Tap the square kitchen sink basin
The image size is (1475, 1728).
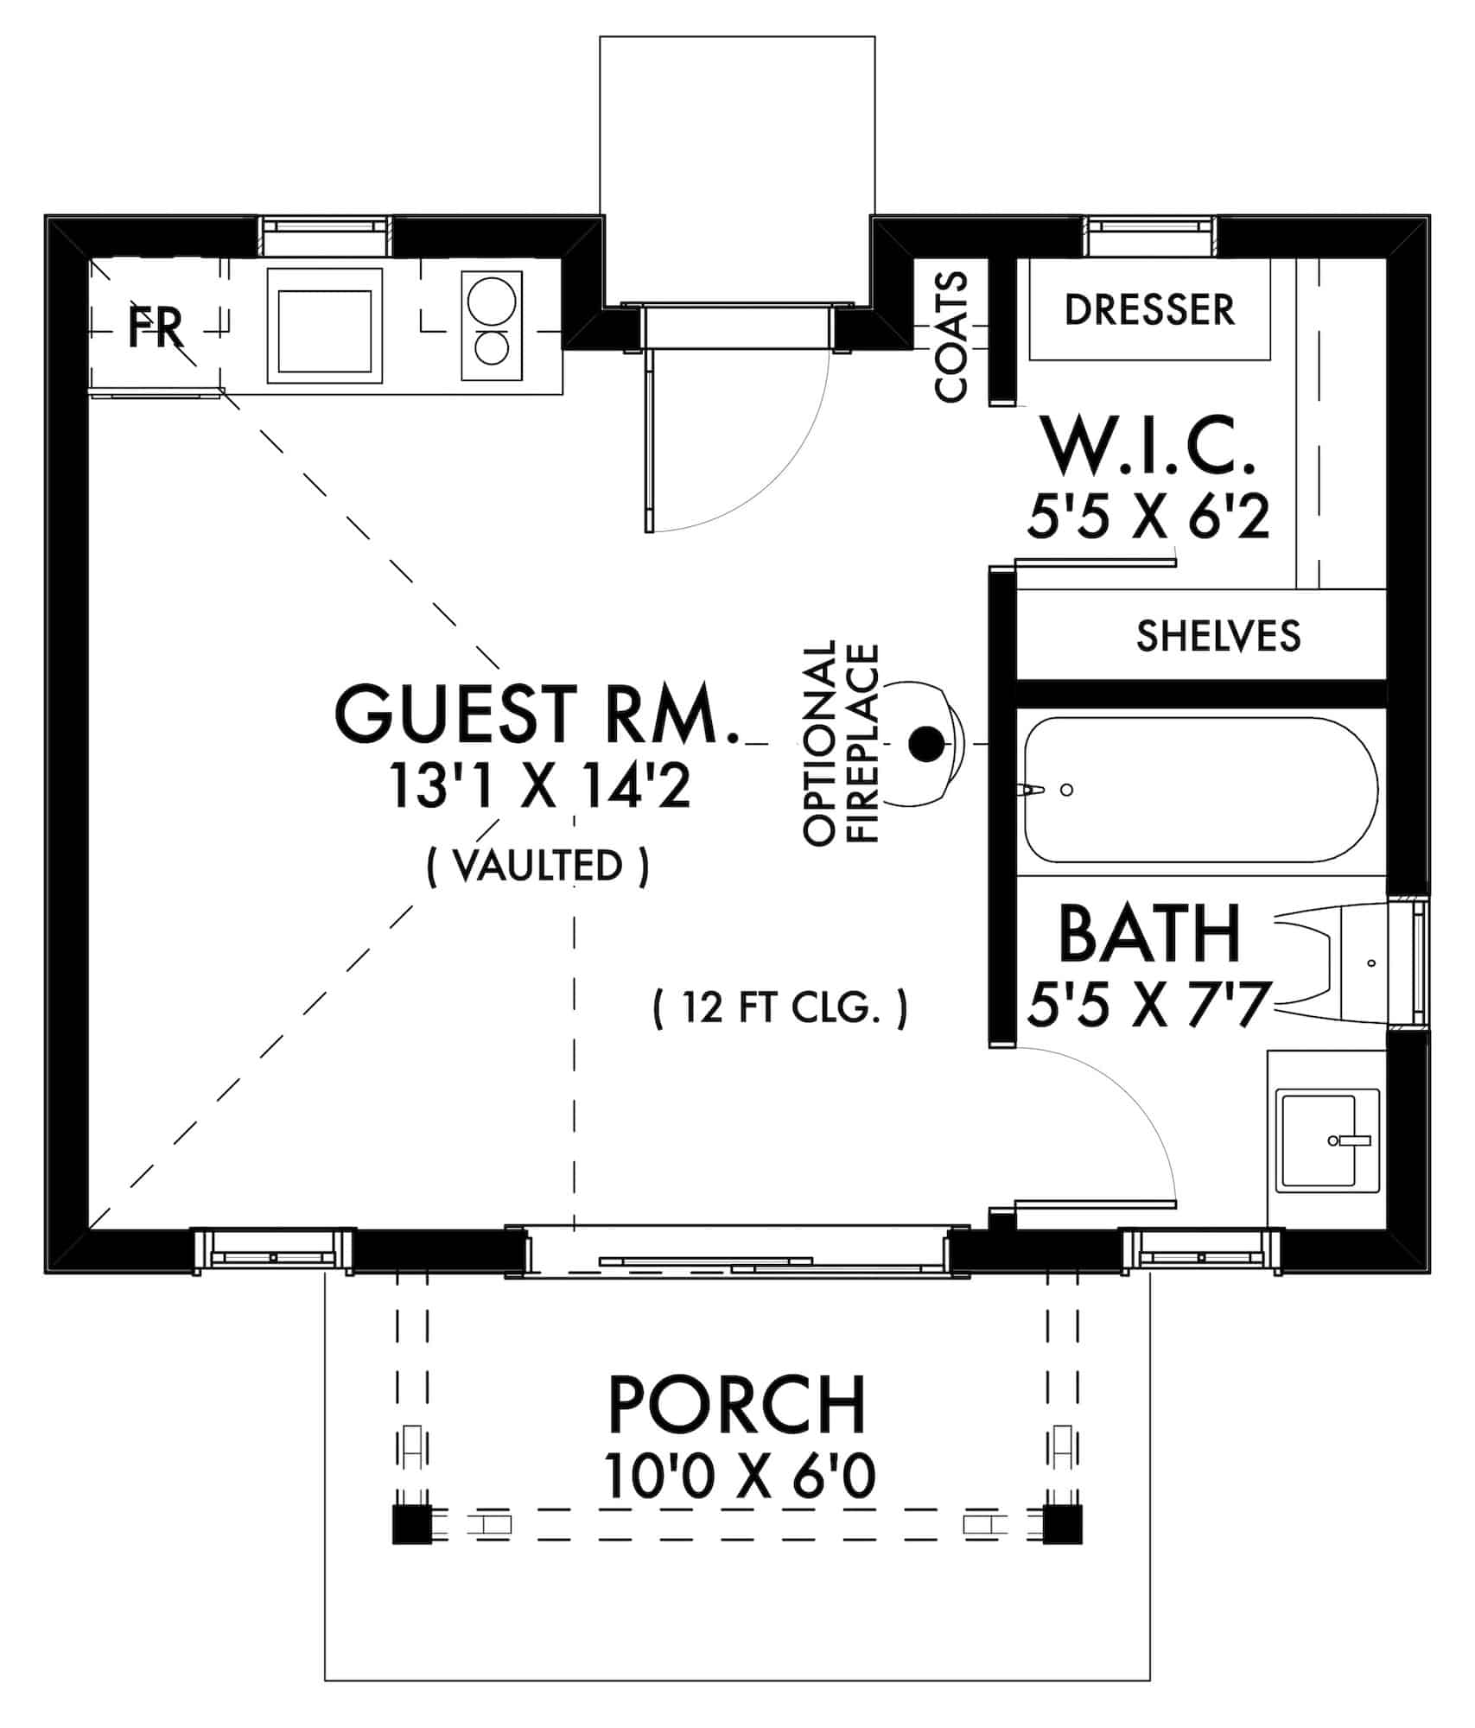coord(324,326)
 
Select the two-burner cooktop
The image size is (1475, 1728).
coord(492,325)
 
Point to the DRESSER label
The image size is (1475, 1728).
coord(1149,310)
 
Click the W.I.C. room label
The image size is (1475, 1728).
coord(1148,445)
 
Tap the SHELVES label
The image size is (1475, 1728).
coord(1218,636)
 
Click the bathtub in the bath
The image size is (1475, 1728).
coord(1200,791)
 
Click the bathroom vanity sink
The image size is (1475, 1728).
coord(1329,1140)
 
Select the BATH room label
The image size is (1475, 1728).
coord(1149,933)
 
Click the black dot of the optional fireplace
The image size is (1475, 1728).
coord(927,743)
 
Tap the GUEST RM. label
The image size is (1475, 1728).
coord(537,714)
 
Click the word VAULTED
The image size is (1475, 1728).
coord(537,867)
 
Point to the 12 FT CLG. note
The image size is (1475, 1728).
coord(780,1007)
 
